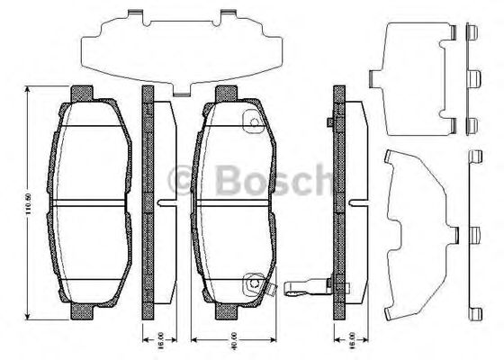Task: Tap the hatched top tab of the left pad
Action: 81,93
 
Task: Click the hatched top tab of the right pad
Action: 225,93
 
